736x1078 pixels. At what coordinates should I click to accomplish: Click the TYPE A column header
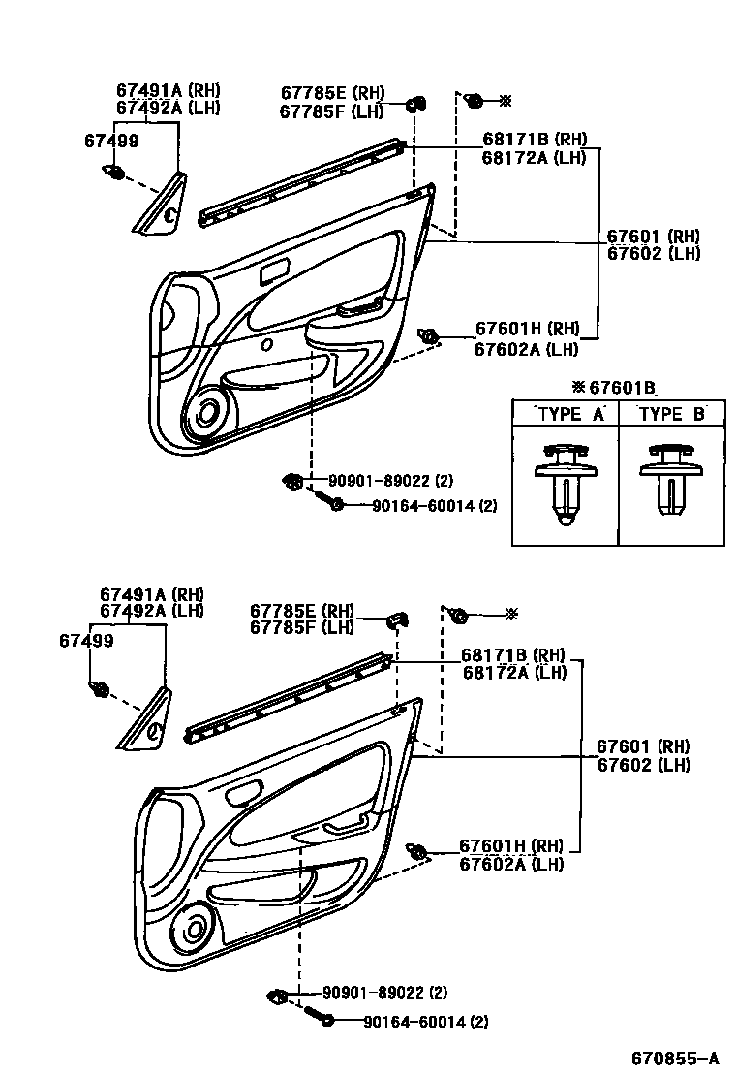(570, 413)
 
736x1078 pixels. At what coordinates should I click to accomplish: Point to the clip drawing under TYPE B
(669, 480)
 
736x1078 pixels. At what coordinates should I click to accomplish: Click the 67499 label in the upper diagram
(110, 141)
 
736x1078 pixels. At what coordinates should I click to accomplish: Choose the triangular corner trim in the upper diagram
(160, 207)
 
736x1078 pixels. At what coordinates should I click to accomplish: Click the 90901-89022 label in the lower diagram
(373, 993)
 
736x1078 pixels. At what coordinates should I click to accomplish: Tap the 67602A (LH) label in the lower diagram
(511, 864)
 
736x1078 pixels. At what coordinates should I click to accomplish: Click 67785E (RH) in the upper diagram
(332, 93)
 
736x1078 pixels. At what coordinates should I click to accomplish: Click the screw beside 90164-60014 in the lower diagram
(319, 1017)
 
